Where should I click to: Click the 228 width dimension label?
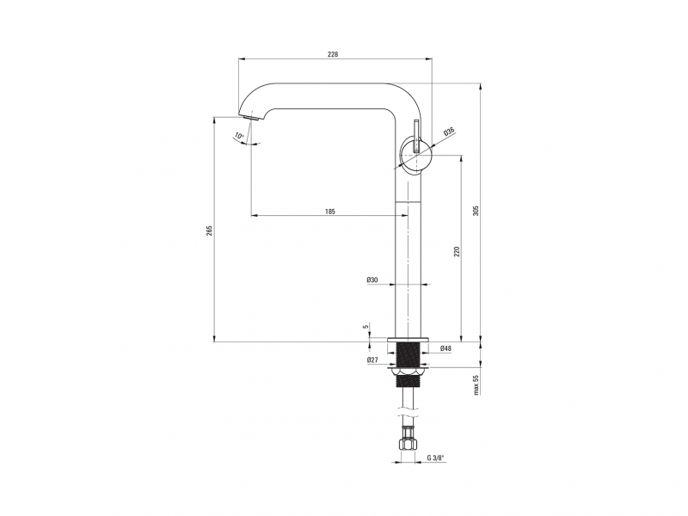(x=333, y=54)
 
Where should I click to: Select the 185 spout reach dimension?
(x=330, y=212)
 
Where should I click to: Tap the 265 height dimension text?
(x=209, y=230)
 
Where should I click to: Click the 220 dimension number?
(x=457, y=251)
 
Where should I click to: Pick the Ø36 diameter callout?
(x=449, y=132)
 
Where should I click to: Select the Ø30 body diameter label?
(x=372, y=279)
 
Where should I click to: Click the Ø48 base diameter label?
(x=445, y=348)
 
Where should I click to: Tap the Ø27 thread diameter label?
(x=372, y=360)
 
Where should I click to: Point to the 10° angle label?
(x=239, y=136)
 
